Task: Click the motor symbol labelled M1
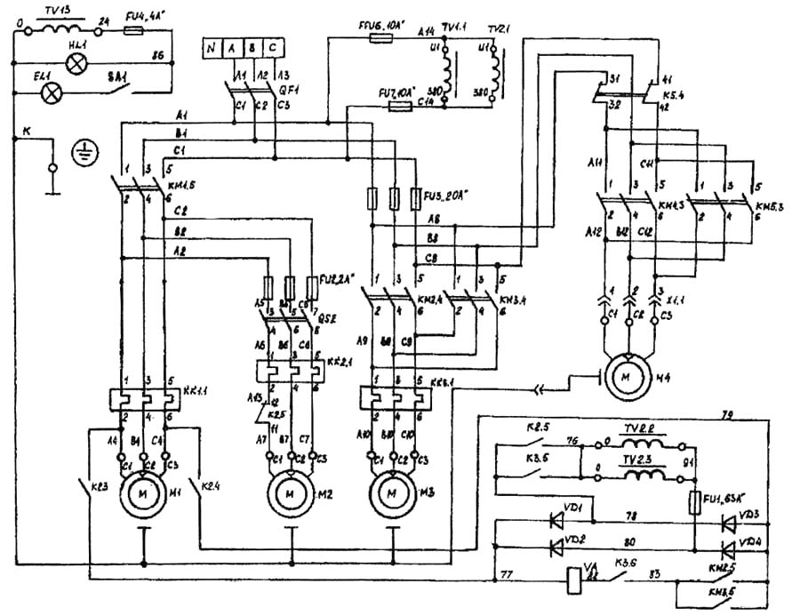point(142,492)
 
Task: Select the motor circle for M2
point(288,492)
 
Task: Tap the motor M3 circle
point(390,492)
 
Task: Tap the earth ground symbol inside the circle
point(87,152)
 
